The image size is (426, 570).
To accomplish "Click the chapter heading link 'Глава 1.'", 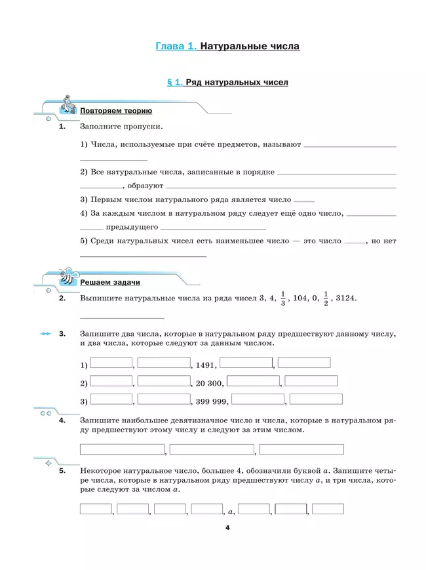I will (176, 47).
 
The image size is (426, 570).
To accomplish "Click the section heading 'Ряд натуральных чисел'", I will (237, 83).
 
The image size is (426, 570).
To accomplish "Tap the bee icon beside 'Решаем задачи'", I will (68, 276).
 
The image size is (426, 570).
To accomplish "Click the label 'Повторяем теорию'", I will (116, 111).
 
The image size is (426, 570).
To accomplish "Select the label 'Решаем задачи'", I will (109, 282).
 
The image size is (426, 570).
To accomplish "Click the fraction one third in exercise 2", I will (283, 298).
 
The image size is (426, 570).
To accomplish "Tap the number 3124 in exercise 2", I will (345, 298).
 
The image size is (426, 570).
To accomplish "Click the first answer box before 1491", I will (111, 363).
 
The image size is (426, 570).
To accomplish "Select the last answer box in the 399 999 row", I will (315, 399).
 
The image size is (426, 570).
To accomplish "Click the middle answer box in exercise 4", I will (212, 449).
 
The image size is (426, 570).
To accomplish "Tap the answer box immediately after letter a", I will (254, 508).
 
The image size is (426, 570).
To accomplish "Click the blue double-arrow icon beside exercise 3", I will (45, 334).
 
